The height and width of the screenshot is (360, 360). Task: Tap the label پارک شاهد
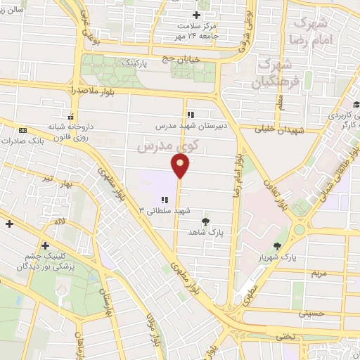(x=205, y=231)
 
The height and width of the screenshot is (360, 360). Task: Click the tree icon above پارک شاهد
(x=205, y=221)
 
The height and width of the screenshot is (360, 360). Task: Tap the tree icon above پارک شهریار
(x=280, y=246)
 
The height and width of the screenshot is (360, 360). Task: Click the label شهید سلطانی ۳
(x=165, y=210)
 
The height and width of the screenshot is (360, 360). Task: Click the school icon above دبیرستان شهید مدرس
(x=190, y=115)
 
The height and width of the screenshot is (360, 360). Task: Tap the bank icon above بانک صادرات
(x=23, y=130)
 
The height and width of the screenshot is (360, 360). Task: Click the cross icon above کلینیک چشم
(x=46, y=245)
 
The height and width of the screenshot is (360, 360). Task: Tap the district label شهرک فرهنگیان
(x=270, y=73)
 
